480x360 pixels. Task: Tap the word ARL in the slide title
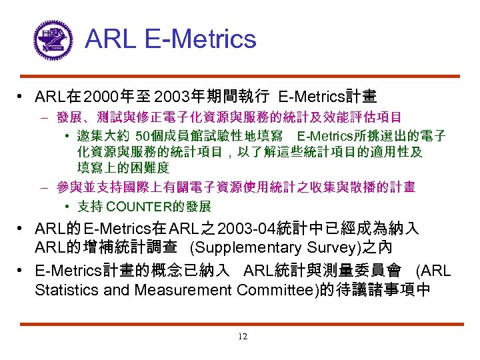tap(108, 39)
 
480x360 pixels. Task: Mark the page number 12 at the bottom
tap(242, 337)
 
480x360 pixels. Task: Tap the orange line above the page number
tap(240, 325)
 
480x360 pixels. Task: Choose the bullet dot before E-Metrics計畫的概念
tap(22, 271)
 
